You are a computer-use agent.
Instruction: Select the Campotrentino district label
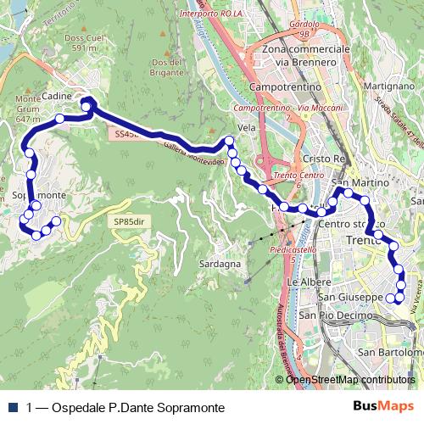[x=285, y=86]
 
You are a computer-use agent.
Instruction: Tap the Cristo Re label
[x=325, y=159]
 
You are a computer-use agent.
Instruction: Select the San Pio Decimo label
[x=333, y=315]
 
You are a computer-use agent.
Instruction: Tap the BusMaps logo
[x=383, y=407]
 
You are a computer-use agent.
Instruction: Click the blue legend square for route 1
[x=12, y=408]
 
